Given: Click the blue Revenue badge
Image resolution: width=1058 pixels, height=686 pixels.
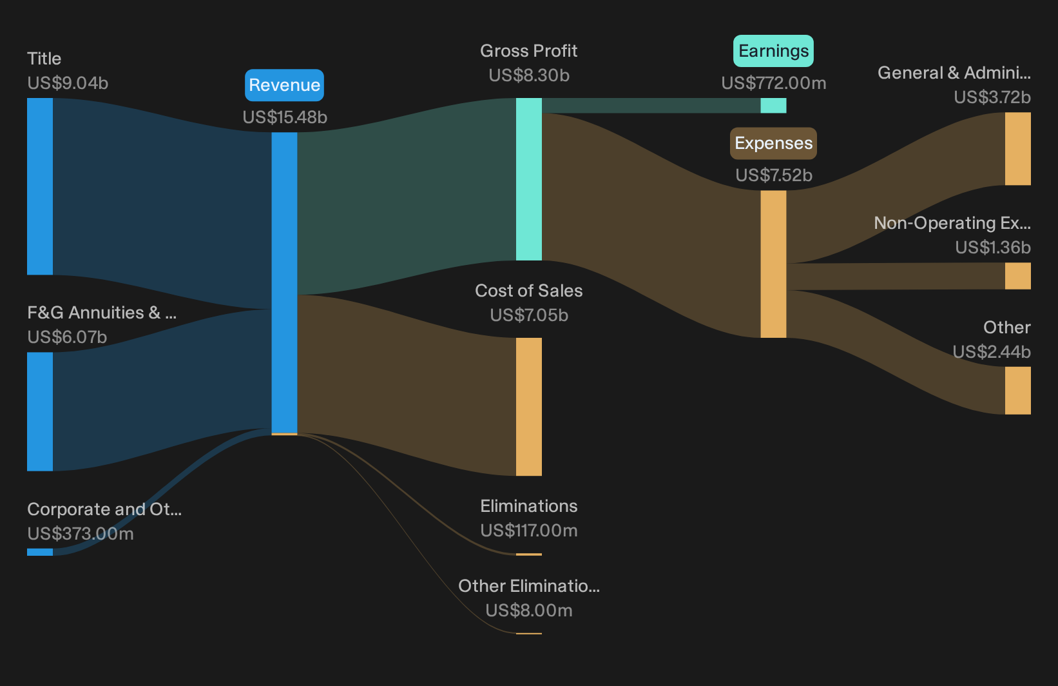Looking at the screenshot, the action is coord(284,85).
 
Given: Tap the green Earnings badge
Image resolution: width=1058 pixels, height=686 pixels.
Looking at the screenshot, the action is coord(773,50).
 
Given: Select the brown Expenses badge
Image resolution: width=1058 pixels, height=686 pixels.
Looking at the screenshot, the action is coord(773,142).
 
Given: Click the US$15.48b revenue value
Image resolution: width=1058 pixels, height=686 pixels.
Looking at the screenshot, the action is coord(285,117).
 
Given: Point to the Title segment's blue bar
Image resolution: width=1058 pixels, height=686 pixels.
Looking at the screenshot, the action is coord(40,186).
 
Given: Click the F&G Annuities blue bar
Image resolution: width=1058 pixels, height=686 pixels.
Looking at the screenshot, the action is coord(40,411).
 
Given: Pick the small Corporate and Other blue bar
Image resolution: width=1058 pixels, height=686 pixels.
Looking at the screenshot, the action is coord(40,552).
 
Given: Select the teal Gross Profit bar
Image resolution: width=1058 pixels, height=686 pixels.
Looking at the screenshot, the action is coord(528,179).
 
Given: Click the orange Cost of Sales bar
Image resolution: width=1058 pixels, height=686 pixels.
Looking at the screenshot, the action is coord(528,407).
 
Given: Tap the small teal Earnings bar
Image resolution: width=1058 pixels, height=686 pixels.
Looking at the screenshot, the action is coord(773,106).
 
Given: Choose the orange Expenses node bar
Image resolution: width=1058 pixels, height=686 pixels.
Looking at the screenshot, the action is coord(773,264).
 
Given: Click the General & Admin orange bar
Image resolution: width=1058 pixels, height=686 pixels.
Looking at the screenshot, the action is coord(1018,148).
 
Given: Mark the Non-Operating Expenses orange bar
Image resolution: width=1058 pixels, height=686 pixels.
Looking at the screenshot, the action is coord(1018,276).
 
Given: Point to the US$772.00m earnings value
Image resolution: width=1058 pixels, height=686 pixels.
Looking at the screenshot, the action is coord(774,83).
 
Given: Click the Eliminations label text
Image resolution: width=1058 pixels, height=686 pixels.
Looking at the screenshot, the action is coord(528,506).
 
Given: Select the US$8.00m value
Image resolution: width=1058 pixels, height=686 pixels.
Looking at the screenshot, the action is coord(528,611).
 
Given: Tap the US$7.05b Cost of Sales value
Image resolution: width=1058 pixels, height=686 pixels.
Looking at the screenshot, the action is coord(528,315).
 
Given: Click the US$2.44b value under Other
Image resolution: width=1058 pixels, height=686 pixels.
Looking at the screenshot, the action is coord(992,352).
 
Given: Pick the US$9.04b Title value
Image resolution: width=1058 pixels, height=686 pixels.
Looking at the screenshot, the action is coord(68,83).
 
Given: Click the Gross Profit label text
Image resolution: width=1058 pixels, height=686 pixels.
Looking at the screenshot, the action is coord(528,50).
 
